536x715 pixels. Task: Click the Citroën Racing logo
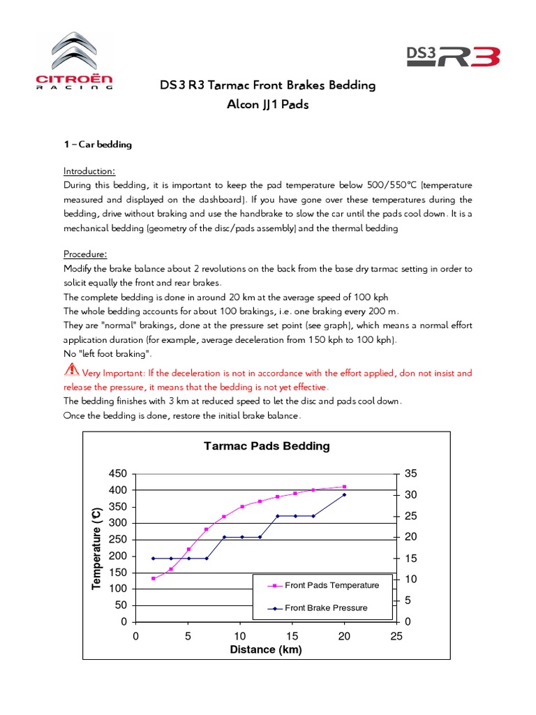[75, 61]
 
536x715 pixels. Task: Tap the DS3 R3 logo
[453, 54]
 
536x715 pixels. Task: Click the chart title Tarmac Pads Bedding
[266, 446]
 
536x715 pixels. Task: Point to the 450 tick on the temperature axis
[118, 473]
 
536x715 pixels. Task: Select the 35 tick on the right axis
[410, 473]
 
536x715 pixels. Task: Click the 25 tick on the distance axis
[396, 636]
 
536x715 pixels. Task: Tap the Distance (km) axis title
[266, 650]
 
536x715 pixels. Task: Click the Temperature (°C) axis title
[97, 548]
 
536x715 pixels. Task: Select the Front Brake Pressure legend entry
[325, 607]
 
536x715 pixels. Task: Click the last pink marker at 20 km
[344, 487]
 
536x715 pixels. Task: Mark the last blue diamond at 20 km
[344, 495]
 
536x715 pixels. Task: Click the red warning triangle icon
[71, 372]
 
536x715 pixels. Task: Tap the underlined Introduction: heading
[89, 171]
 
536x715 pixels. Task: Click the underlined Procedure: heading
[87, 254]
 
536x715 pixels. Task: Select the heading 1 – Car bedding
[98, 145]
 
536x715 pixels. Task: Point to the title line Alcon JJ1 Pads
[267, 105]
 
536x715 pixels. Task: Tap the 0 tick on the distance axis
[135, 636]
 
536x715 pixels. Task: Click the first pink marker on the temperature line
[153, 578]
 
